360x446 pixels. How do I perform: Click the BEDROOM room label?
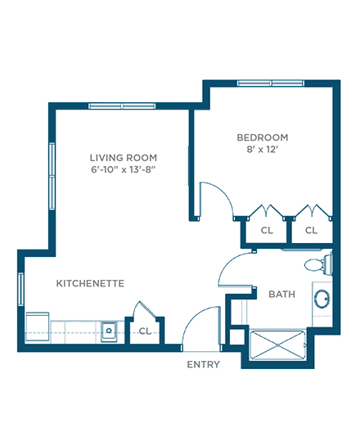(263, 137)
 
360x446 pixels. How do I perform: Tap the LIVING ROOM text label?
(124, 158)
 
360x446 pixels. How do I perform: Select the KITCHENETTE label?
(90, 283)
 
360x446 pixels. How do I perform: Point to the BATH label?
(281, 294)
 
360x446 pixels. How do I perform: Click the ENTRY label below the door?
(203, 364)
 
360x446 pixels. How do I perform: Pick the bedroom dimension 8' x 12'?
(262, 149)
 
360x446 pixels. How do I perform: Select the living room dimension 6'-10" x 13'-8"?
(124, 169)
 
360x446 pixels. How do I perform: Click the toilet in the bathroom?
(318, 264)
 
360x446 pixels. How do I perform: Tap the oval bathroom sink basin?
(322, 299)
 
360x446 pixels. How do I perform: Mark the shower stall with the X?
(277, 345)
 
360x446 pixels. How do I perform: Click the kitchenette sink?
(109, 331)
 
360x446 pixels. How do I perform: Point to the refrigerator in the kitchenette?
(38, 327)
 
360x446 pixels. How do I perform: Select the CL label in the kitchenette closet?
(145, 331)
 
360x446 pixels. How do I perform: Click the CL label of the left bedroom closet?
(267, 230)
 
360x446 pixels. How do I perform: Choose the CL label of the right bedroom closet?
(311, 230)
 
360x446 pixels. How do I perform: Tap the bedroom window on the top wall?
(271, 83)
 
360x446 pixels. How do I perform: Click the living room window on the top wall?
(122, 106)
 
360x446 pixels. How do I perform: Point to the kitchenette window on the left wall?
(20, 289)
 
